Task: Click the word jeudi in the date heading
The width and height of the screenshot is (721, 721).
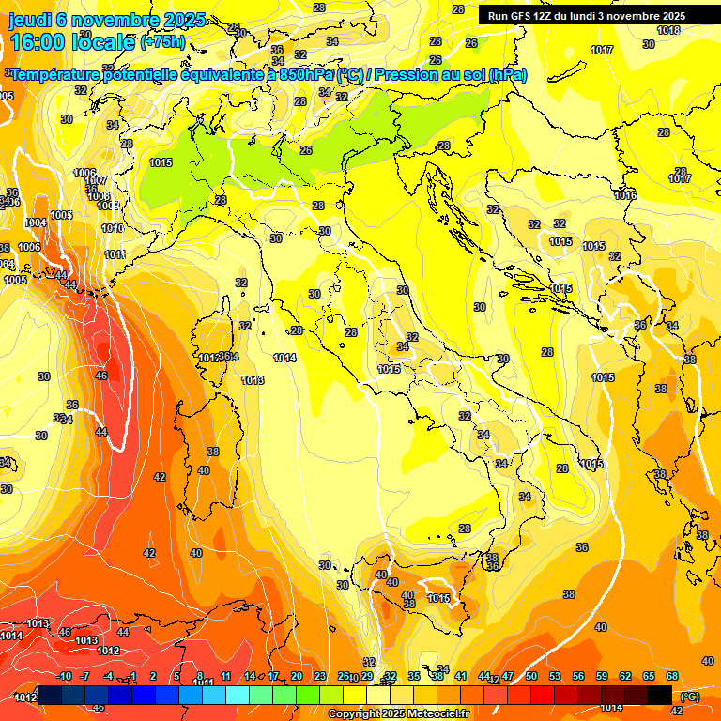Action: (36, 20)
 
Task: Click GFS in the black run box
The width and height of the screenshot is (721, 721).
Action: (527, 16)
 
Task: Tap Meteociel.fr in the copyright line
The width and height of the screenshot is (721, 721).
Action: (435, 714)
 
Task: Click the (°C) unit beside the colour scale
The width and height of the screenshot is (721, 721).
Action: (689, 697)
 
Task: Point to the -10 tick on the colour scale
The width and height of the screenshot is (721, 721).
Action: (65, 676)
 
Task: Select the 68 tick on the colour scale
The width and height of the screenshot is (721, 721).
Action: (672, 676)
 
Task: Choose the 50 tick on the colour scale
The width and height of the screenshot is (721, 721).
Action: (531, 676)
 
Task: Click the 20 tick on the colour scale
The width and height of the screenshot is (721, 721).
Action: (297, 676)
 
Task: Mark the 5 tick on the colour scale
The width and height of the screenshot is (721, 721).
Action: (176, 676)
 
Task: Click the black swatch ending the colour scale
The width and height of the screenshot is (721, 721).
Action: (660, 695)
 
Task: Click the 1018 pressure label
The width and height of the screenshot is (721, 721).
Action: (668, 30)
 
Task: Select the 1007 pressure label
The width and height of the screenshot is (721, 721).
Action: (96, 180)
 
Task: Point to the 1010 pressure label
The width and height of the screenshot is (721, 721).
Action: (113, 228)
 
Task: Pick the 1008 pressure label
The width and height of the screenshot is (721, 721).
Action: (99, 196)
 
